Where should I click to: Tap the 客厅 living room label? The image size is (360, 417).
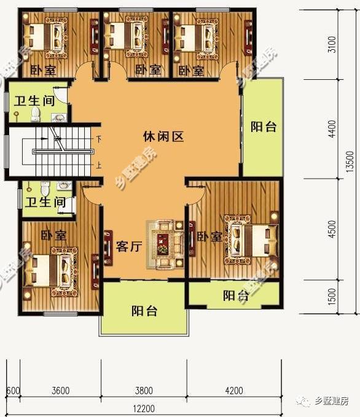coord(129,247)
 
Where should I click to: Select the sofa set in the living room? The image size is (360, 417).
coord(165,244)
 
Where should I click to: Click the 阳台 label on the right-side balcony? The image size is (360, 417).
coord(264,127)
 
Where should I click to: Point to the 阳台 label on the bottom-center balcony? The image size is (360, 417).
coord(144,311)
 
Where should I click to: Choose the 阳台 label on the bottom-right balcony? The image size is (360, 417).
coord(235,296)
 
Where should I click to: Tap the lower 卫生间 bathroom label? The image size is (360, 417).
coord(45,202)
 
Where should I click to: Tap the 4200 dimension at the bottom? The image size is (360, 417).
coord(234,391)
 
